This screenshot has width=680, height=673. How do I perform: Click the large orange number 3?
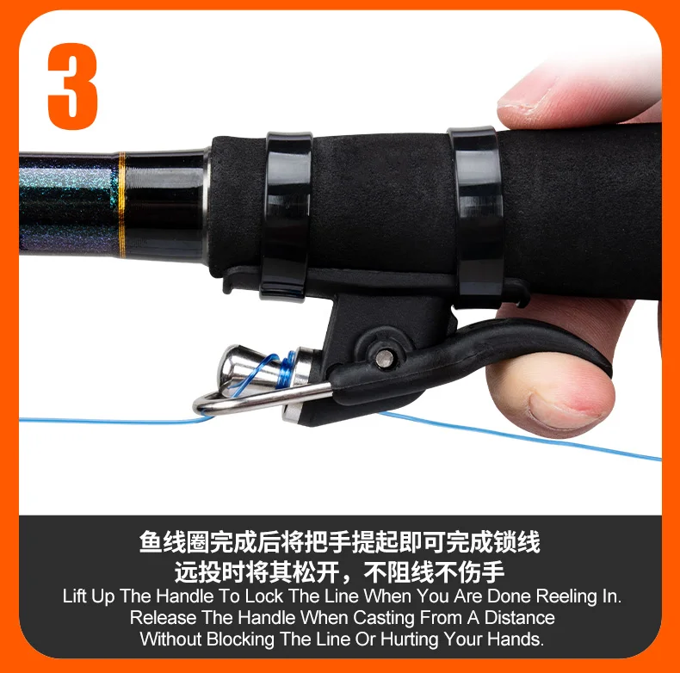[73, 86]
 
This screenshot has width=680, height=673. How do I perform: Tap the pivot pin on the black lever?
[385, 358]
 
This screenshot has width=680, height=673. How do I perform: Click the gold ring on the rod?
[122, 205]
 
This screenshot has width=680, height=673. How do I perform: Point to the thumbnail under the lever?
[564, 411]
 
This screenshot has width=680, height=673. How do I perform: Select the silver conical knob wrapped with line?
[243, 367]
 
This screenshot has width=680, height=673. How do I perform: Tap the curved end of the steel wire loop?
[201, 404]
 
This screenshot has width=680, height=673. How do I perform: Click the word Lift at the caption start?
[75, 596]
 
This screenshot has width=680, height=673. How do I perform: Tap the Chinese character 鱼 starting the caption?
[151, 541]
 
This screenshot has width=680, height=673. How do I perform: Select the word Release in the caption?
[162, 618]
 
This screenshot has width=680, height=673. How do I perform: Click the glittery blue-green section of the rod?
[69, 204]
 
